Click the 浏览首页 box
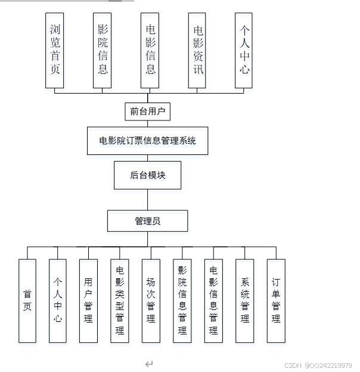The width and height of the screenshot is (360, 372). [x=55, y=50]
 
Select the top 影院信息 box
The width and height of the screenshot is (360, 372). [x=103, y=50]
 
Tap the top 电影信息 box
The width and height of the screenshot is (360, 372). [x=150, y=50]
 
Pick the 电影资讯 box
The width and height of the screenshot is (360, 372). [x=197, y=50]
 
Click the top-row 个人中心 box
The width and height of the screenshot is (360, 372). [x=244, y=50]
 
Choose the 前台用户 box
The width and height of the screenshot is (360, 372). [x=148, y=111]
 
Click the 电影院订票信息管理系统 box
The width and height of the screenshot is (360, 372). [x=148, y=141]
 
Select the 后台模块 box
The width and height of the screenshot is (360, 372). [x=148, y=175]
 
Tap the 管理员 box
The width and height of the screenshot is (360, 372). [x=148, y=221]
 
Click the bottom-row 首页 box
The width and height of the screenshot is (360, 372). [x=27, y=300]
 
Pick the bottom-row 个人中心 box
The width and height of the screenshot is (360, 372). [x=58, y=300]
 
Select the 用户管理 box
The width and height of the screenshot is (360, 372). [x=88, y=300]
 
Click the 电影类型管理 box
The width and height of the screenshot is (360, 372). [x=120, y=300]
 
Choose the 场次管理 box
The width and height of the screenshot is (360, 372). [x=151, y=300]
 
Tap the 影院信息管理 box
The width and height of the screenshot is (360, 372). [x=182, y=300]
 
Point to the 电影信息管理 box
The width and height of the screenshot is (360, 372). [x=213, y=300]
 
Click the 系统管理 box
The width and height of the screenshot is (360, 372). [x=244, y=300]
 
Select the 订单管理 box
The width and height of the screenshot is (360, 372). [x=276, y=300]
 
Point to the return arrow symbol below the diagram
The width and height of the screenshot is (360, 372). [x=149, y=364]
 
